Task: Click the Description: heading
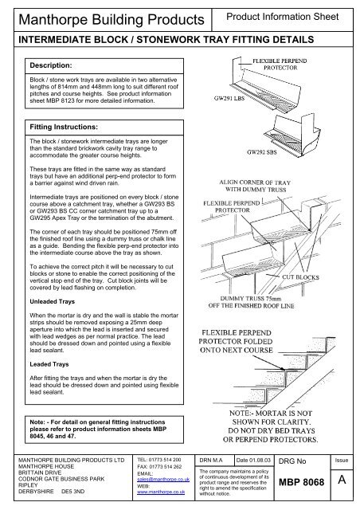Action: tap(52, 65)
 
